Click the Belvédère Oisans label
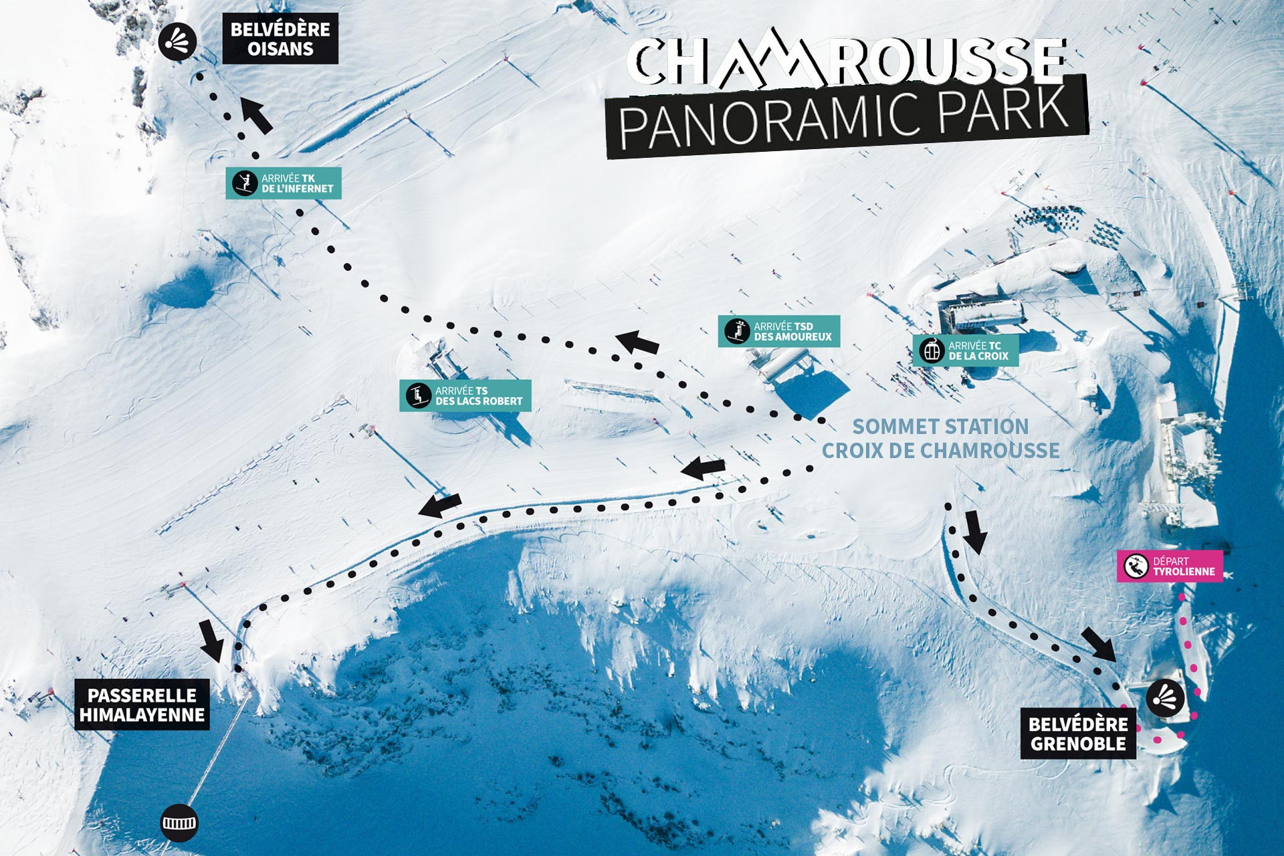[x=280, y=39]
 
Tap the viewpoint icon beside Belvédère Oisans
[x=178, y=42]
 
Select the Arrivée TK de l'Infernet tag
[x=284, y=183]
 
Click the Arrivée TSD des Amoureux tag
[x=779, y=331]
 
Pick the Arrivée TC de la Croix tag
[x=966, y=350]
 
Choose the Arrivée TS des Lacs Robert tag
[x=465, y=396]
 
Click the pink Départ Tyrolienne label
[x=1170, y=566]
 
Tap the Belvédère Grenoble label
[x=1078, y=734]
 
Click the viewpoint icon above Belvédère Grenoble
[x=1166, y=698]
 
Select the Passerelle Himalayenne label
[x=142, y=705]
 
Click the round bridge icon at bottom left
[x=180, y=823]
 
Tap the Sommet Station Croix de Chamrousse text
[x=940, y=439]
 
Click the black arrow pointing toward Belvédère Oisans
[x=257, y=115]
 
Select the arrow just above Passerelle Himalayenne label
[x=212, y=641]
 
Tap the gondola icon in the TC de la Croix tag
[x=932, y=350]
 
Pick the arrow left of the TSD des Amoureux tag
[x=637, y=342]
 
